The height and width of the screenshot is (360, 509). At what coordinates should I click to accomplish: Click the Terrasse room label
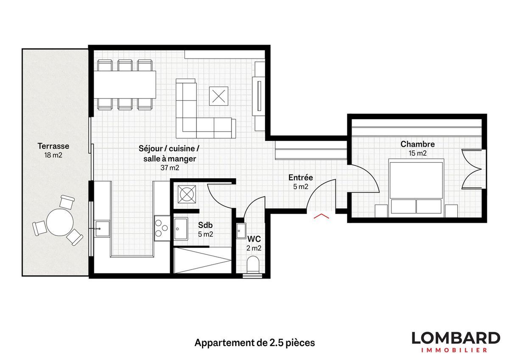53,146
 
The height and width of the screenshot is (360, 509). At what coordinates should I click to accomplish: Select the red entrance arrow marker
321,217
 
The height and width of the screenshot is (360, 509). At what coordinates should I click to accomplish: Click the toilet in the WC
253,264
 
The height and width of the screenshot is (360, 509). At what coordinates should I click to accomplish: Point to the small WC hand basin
241,230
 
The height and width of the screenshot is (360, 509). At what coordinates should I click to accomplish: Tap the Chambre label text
417,144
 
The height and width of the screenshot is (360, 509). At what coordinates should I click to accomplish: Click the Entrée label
300,177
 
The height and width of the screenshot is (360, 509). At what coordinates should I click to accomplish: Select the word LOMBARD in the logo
456,338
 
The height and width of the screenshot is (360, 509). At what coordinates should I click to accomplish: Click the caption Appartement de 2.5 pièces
255,343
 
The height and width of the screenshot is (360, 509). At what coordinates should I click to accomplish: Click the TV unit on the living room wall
258,96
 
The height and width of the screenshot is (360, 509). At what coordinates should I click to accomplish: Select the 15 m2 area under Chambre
417,153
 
